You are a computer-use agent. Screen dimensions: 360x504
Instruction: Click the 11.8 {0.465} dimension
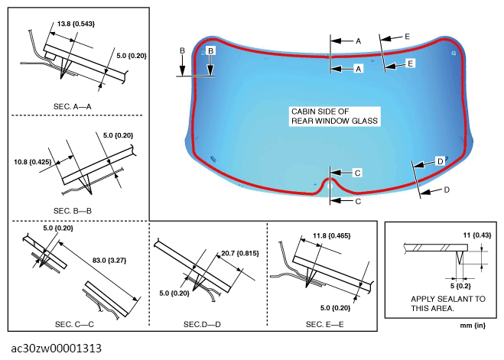(x=332, y=235)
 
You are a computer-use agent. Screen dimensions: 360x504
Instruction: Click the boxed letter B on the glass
(x=210, y=50)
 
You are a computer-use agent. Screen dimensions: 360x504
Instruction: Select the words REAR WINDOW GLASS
(x=335, y=121)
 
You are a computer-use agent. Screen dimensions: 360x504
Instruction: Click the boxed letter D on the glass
(x=440, y=161)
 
